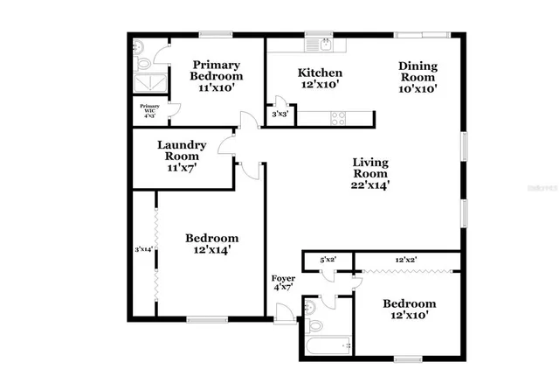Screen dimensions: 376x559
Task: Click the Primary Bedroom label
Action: [x=217, y=76]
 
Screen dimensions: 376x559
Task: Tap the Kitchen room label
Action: [x=319, y=79]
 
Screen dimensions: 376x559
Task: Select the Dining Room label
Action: [x=418, y=76]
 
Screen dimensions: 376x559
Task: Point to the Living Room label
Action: [x=370, y=173]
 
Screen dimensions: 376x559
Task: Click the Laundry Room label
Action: [x=182, y=156]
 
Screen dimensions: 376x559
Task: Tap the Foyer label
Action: [x=282, y=282]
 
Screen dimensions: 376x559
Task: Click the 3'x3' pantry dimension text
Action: [x=279, y=114]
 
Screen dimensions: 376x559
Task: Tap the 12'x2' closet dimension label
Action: [x=405, y=260]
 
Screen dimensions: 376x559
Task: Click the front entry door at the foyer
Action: [x=284, y=313]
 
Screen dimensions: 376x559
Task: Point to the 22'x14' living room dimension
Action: [x=370, y=185]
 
